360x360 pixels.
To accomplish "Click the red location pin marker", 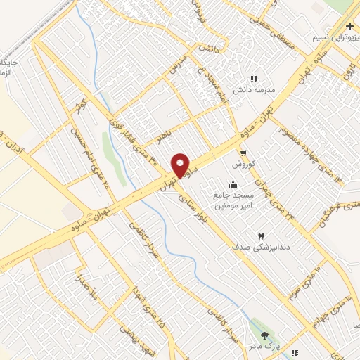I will point(181,165).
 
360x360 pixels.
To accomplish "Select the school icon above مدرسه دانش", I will point(254,79).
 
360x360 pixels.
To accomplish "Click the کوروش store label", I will point(243,163).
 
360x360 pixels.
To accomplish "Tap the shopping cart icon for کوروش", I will point(243,153).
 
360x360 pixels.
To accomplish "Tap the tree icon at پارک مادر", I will point(264,336).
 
